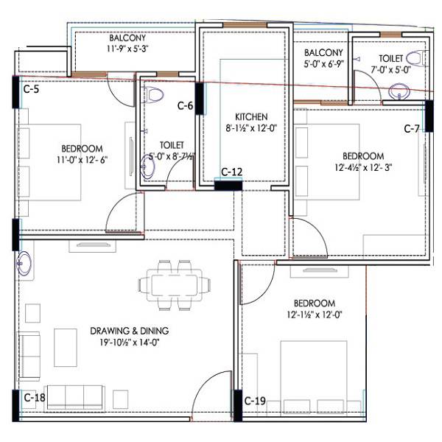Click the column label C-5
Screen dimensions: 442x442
tap(31, 90)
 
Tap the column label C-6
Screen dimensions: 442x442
tap(185, 106)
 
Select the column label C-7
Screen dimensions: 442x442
tap(412, 128)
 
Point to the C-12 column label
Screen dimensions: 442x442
tap(232, 172)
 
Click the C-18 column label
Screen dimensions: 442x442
tap(35, 397)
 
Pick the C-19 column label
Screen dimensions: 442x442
tap(255, 401)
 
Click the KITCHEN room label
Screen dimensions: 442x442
tap(251, 116)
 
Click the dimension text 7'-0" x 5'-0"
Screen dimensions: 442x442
tap(390, 71)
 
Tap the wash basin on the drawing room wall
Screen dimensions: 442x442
tap(23, 262)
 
